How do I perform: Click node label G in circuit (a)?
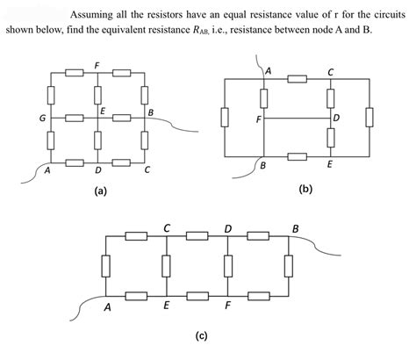coord(41,116)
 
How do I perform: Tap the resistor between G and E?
coord(75,116)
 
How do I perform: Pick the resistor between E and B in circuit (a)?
coord(122,116)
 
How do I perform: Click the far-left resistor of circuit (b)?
coord(226,116)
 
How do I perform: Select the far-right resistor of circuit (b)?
coord(369,116)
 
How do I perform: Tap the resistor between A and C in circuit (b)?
coord(298,79)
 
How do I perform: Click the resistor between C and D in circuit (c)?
coord(197,236)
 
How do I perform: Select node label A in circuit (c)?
coord(107,308)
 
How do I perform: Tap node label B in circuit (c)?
coord(295,229)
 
